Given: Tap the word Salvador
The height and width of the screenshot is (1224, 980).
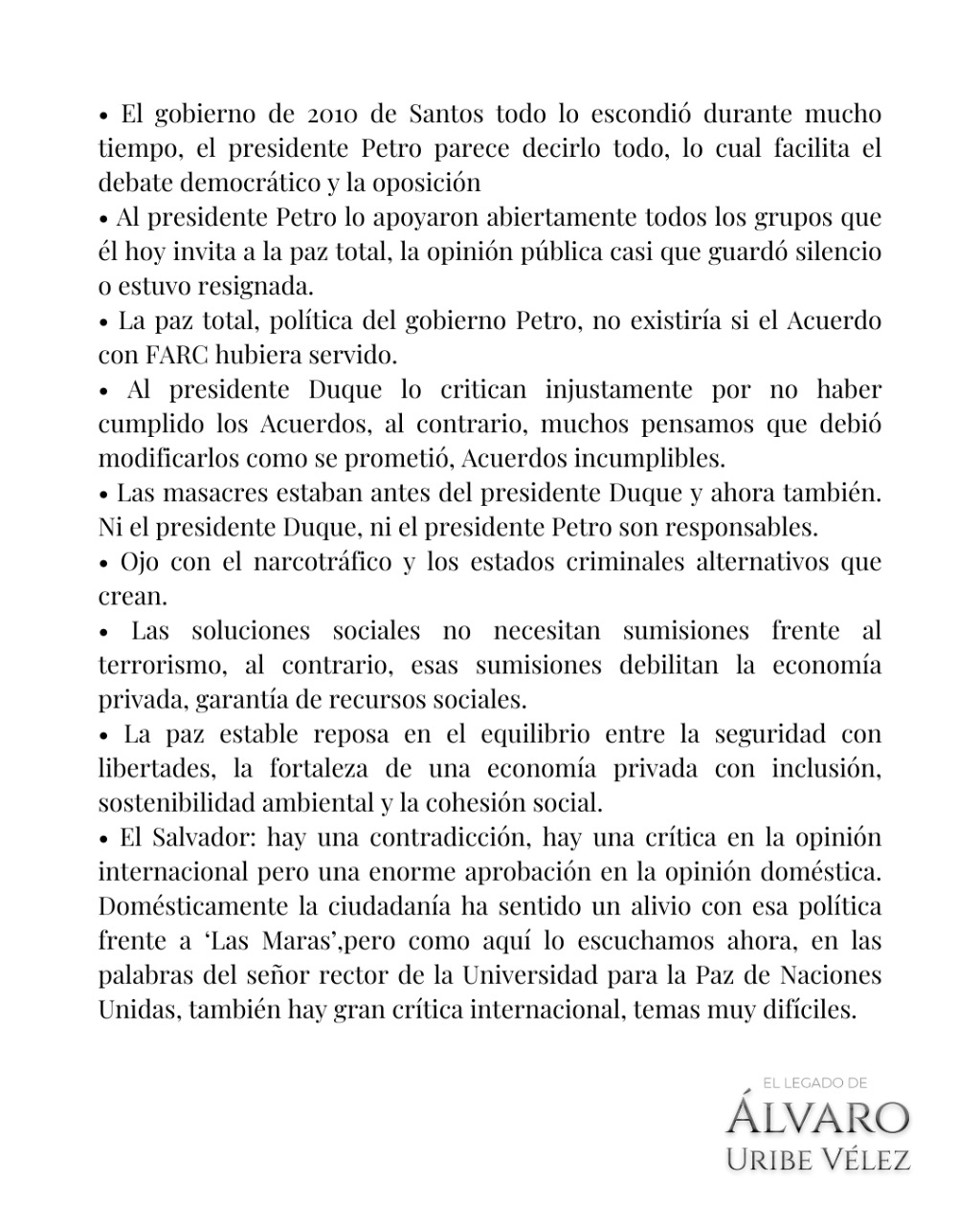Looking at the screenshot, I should coord(203,838).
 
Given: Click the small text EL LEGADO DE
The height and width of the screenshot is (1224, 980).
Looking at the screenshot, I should coord(814,1082).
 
